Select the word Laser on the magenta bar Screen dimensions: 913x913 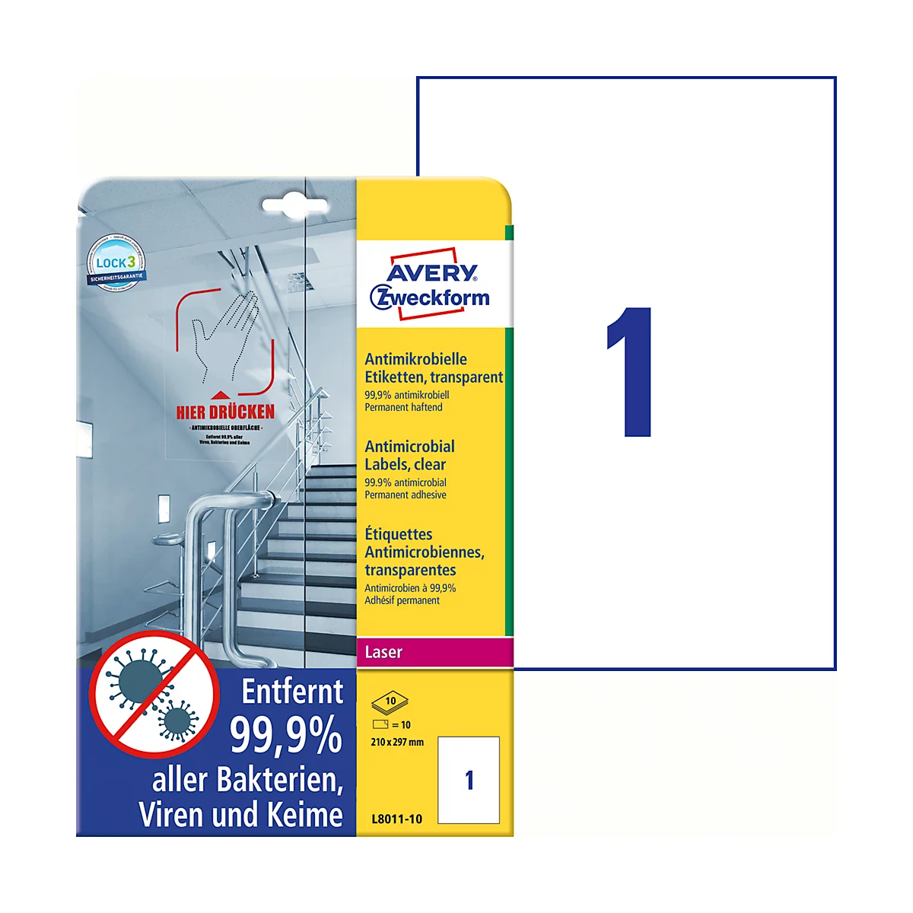(x=383, y=652)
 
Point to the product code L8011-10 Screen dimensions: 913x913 (x=396, y=819)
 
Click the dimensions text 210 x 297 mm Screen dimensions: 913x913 (x=397, y=742)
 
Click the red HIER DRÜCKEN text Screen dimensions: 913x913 (x=225, y=412)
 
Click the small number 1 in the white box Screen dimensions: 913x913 (x=469, y=780)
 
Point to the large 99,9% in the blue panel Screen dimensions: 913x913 (x=286, y=735)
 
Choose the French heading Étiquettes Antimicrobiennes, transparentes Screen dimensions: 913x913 (x=424, y=552)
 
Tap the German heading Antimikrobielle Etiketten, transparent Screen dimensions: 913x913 (x=433, y=367)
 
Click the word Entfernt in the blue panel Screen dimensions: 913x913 (x=292, y=692)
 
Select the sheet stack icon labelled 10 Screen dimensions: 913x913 (x=390, y=701)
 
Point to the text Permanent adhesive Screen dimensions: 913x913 (x=406, y=495)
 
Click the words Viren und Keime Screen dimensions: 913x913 (x=240, y=815)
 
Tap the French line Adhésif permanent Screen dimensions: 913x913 (x=402, y=600)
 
